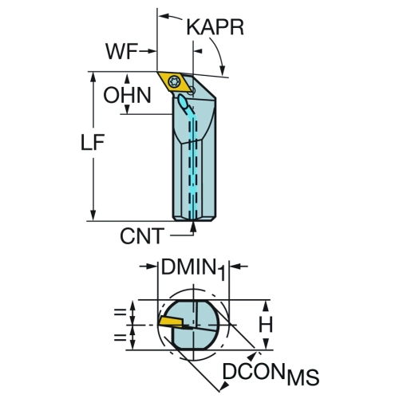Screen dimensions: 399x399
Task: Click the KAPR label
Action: (215, 27)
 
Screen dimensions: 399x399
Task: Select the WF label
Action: (122, 51)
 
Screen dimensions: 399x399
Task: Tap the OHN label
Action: (127, 95)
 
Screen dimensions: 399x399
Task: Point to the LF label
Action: (93, 142)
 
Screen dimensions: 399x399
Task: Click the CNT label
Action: (141, 236)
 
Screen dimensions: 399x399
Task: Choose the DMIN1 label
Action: (193, 269)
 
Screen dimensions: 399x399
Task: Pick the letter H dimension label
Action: (266, 325)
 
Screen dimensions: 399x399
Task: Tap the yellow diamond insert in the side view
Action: (175, 81)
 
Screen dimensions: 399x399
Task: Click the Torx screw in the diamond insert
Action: (175, 81)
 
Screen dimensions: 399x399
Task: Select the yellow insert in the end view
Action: (172, 321)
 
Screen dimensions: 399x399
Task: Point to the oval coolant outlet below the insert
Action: (184, 101)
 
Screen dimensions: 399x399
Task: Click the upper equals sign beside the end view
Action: (120, 312)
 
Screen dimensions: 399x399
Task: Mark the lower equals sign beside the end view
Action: (120, 338)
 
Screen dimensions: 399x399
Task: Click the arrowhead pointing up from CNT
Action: (194, 226)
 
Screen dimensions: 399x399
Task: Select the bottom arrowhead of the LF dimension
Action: (93, 215)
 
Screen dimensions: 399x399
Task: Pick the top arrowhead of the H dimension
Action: (266, 306)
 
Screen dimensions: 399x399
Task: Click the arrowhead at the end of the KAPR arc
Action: (223, 69)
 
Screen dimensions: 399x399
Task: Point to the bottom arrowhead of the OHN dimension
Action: (127, 109)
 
